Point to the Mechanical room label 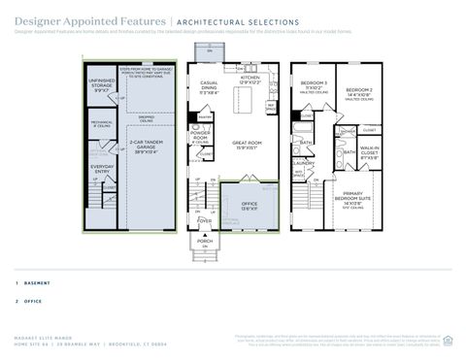[102, 123]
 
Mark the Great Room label [244, 146]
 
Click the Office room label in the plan [249, 205]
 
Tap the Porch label [205, 240]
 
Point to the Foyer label [205, 220]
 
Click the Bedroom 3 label [312, 84]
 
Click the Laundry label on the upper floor [304, 163]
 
